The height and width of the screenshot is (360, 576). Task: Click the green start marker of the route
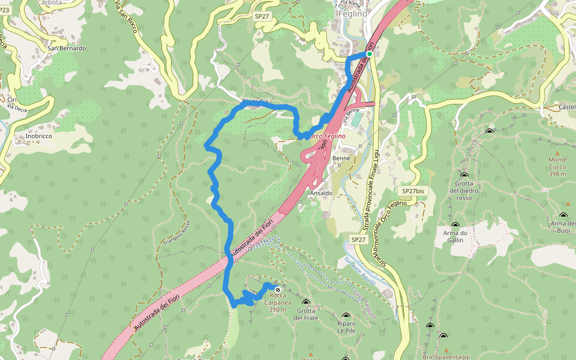370,54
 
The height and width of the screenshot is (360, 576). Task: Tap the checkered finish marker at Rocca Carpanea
277,290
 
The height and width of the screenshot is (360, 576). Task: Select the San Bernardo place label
67,48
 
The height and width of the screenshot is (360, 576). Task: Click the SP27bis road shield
413,191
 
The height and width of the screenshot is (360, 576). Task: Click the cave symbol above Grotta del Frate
306,302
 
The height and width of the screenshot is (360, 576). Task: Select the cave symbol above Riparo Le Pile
346,316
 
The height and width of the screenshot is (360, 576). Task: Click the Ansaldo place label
320,193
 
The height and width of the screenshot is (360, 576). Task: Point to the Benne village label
341,159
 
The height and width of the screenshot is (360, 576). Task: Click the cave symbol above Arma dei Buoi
563,215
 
